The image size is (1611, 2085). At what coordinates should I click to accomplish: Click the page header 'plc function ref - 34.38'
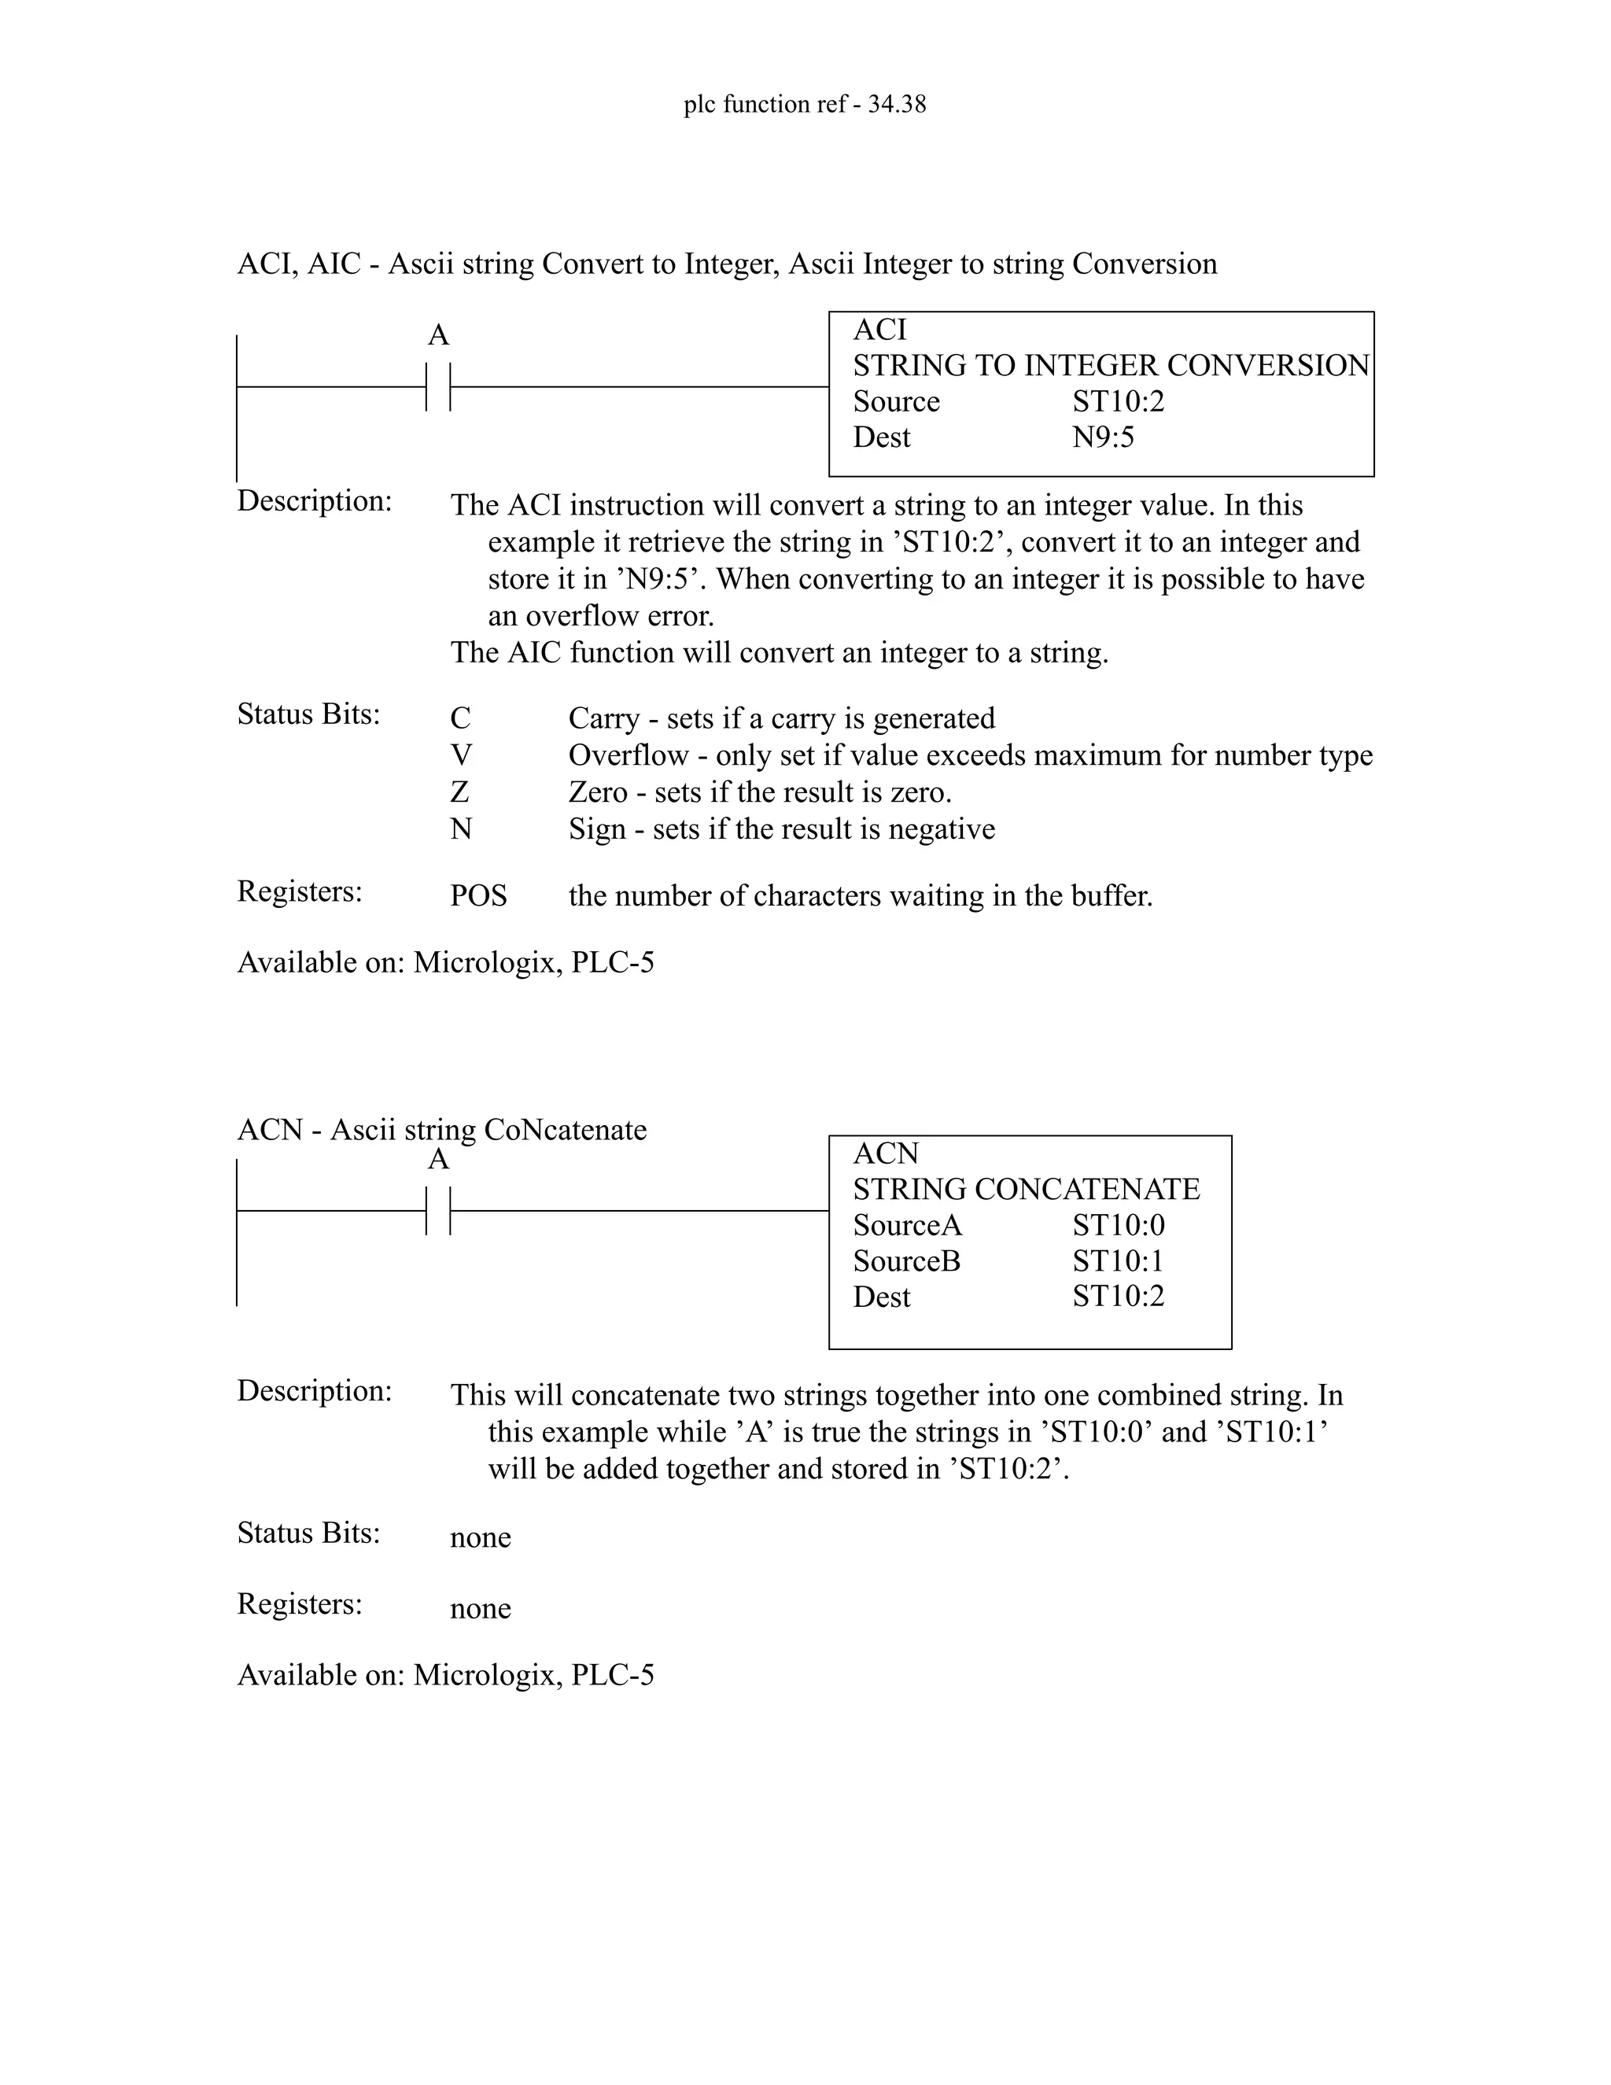click(x=805, y=104)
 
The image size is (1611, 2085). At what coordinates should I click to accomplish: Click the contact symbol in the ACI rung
click(x=438, y=386)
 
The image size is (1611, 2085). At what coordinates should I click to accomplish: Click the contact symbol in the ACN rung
click(x=438, y=1211)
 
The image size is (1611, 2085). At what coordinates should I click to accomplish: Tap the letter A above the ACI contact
click(x=438, y=335)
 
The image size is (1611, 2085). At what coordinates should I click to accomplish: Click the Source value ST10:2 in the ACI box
click(x=1118, y=402)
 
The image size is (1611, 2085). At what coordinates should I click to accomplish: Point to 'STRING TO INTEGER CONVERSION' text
click(x=1111, y=366)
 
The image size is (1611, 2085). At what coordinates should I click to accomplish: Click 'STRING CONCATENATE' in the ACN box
click(x=1026, y=1190)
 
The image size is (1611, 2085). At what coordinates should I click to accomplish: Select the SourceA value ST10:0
click(x=1118, y=1226)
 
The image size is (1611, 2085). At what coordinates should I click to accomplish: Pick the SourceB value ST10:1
click(x=1118, y=1261)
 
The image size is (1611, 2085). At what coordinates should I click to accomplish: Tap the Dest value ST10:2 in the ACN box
click(x=1118, y=1297)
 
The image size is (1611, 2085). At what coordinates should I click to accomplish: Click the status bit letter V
click(x=461, y=756)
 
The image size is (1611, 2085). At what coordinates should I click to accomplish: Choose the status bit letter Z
click(x=460, y=792)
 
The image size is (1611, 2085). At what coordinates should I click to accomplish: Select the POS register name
click(x=478, y=896)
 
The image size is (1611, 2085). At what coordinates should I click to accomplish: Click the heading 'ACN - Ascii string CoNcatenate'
click(x=441, y=1129)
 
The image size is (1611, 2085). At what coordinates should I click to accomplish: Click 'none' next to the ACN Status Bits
click(x=480, y=1538)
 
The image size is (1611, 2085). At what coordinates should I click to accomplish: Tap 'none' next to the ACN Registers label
click(x=480, y=1609)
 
